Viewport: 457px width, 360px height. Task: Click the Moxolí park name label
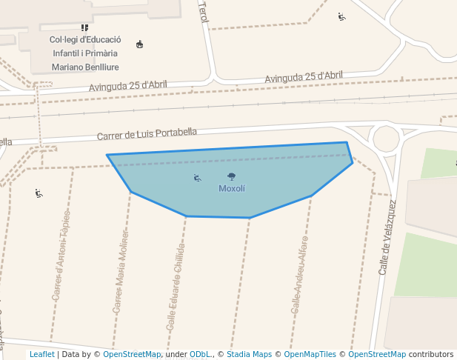pos(231,188)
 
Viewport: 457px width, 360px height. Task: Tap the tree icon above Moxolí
pos(232,176)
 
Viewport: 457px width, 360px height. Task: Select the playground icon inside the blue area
pos(197,178)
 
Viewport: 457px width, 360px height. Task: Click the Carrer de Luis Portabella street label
pos(147,134)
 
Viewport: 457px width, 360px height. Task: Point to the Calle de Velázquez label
pos(387,237)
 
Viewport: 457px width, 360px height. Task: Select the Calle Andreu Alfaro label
pos(299,274)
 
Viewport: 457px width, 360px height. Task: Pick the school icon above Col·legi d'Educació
pos(84,27)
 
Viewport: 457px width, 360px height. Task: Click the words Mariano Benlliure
pos(85,67)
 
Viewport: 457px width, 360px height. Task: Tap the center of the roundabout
pos(386,139)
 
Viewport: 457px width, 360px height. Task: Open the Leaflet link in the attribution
pos(41,355)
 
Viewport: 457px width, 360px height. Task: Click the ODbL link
pos(199,355)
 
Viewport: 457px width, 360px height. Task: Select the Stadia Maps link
pos(249,355)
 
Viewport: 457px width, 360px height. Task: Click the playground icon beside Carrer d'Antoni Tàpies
pos(39,193)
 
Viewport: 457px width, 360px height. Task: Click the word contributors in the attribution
pos(431,355)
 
